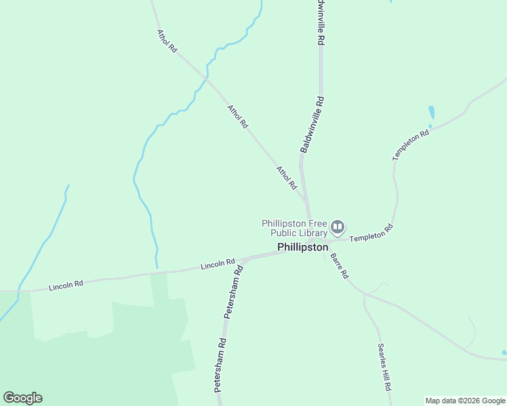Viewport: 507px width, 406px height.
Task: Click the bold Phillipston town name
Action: tap(302, 248)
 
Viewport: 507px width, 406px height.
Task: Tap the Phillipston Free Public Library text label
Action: tap(295, 228)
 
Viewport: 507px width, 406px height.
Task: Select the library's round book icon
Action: tap(338, 227)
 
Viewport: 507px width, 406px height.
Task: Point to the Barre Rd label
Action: tap(339, 266)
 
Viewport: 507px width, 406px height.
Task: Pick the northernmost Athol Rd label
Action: tap(167, 41)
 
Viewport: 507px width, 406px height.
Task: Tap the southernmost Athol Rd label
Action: tap(287, 177)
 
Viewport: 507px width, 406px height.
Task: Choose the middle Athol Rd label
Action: tap(238, 116)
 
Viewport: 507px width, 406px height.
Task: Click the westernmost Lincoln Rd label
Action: tap(66, 286)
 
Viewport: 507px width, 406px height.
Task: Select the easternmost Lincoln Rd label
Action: tap(218, 264)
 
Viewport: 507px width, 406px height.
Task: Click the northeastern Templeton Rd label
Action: tap(411, 145)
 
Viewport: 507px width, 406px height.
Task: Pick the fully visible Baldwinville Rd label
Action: tap(312, 125)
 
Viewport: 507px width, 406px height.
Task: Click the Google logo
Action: tap(22, 398)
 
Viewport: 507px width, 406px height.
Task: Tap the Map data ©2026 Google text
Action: tap(464, 401)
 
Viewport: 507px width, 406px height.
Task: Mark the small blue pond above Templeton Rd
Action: tap(432, 112)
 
